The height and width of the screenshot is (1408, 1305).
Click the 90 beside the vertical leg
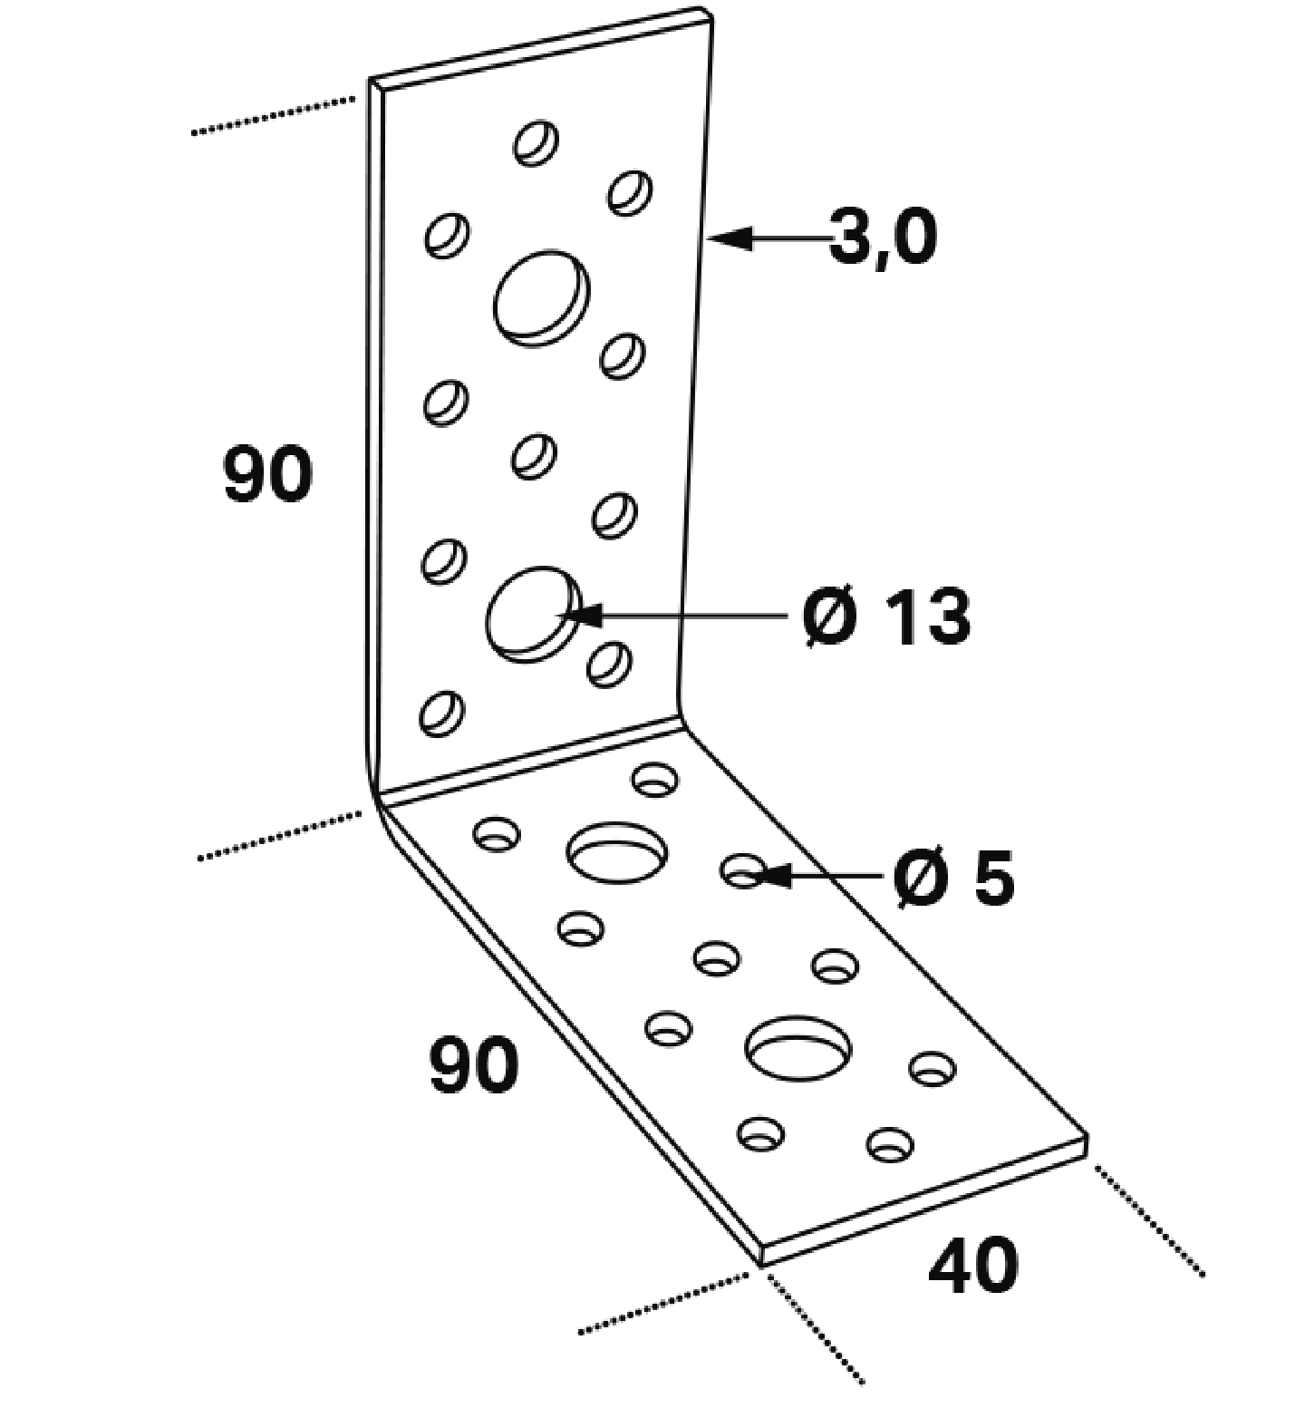(267, 474)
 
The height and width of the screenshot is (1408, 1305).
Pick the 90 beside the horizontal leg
(474, 1065)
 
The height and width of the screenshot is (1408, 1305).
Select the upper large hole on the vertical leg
(541, 297)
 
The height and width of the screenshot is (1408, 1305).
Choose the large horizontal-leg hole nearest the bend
(617, 852)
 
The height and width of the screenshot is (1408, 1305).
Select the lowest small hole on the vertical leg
(441, 713)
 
